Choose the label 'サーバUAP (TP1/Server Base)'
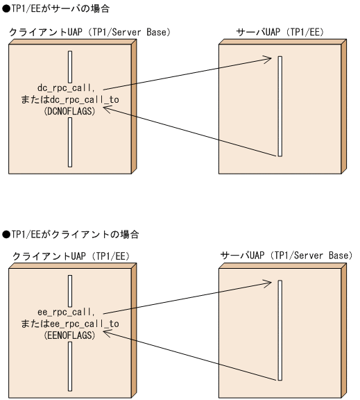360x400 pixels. pyautogui.click(x=286, y=257)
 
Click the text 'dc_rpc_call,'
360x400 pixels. pyautogui.click(x=70, y=88)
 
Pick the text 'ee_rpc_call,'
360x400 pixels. pyautogui.click(x=70, y=312)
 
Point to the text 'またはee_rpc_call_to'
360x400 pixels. pyautogui.click(x=70, y=324)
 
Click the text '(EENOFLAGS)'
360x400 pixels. pyautogui.click(x=70, y=335)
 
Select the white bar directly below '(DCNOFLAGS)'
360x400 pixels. pyautogui.click(x=70, y=139)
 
